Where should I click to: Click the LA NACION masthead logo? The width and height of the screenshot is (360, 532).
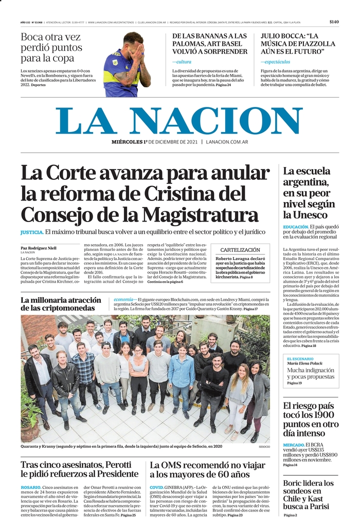[179, 121]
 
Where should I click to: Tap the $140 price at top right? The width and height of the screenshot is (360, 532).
[334, 22]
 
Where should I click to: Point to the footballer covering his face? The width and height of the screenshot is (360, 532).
[127, 64]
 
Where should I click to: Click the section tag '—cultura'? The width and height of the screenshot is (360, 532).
[182, 62]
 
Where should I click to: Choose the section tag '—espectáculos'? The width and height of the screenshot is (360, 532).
[275, 62]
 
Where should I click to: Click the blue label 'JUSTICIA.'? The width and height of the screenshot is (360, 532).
[31, 232]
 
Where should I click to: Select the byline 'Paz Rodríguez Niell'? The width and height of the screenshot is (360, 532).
[39, 248]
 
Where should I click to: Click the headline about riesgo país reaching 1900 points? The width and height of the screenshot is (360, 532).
[311, 419]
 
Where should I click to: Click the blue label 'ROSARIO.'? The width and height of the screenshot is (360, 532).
[31, 487]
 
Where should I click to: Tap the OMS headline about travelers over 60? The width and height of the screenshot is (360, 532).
[206, 469]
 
